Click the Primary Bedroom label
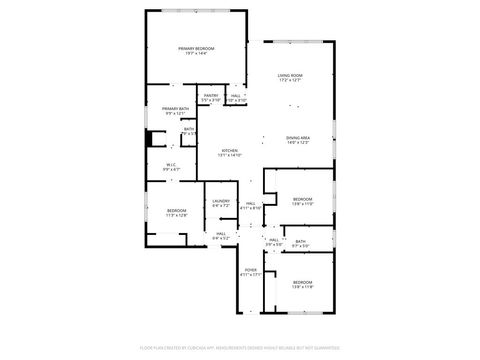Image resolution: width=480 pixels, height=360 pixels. pos(196,48)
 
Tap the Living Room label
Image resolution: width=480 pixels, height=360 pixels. pos(291,76)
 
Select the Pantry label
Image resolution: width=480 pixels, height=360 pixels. pos(210,96)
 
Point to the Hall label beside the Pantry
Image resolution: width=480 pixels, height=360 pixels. pos(236,96)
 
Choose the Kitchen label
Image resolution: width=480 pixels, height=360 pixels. pos(230,150)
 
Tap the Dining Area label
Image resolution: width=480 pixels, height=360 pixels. pos(297,137)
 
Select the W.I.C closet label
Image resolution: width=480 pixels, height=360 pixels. pos(171,165)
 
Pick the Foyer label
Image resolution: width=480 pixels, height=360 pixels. pos(251,270)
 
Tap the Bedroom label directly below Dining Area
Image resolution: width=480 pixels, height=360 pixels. pos(302,199)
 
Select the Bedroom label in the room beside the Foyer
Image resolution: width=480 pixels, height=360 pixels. pos(302,282)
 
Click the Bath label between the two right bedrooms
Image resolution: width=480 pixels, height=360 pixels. pos(301,241)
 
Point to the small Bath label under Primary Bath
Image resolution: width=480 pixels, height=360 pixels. pos(189,129)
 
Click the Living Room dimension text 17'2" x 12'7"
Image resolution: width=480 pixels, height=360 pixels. pos(291,81)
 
